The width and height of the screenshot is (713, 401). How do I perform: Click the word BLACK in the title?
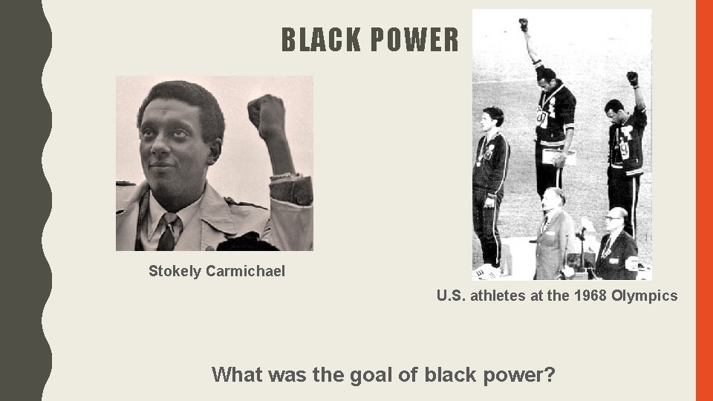coord(317,41)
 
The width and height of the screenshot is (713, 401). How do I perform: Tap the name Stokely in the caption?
coord(175,271)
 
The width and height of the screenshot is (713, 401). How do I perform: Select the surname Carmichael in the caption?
coord(245,271)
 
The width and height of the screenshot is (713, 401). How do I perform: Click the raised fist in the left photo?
coord(267,115)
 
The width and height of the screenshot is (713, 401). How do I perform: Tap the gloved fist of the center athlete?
coord(524,25)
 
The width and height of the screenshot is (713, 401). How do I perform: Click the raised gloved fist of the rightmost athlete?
coord(632,78)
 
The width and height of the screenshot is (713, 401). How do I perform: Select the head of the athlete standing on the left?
coord(492,117)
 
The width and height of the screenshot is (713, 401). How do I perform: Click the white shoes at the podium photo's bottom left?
coord(487,271)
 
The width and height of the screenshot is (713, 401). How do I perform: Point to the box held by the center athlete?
coord(552,157)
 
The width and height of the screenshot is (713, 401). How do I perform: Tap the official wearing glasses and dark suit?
coord(616,245)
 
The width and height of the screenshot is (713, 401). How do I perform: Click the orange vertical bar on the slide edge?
coord(703,200)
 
